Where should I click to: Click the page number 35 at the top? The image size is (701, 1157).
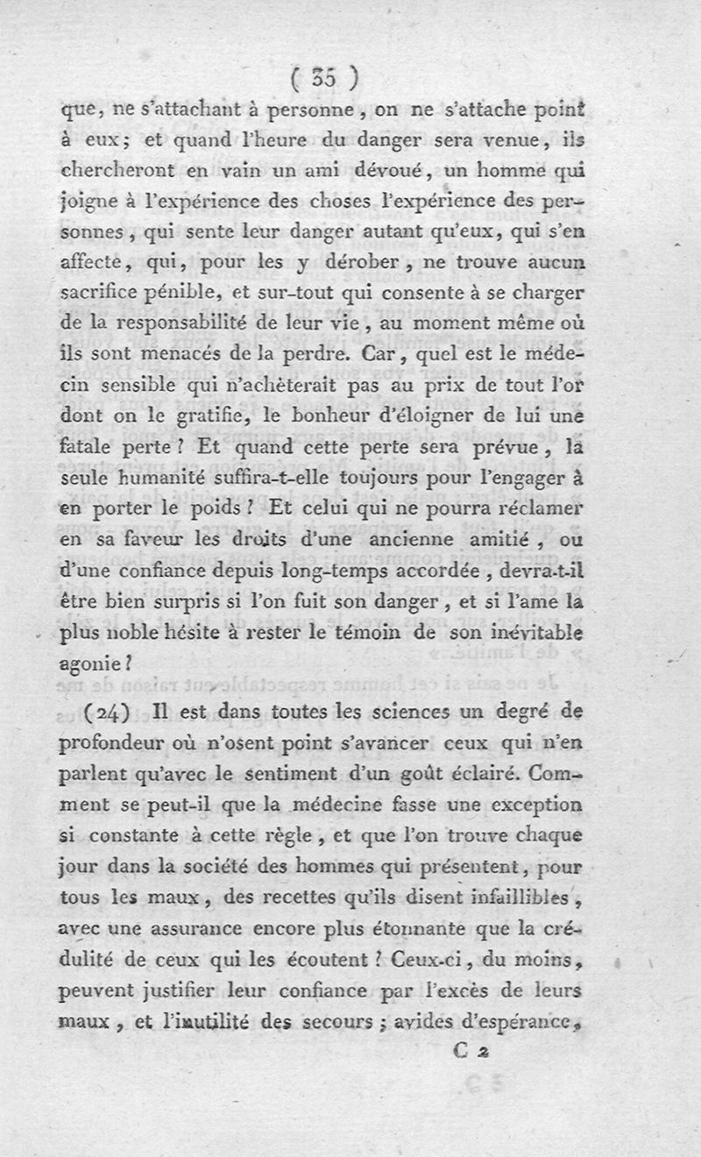click(x=324, y=80)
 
